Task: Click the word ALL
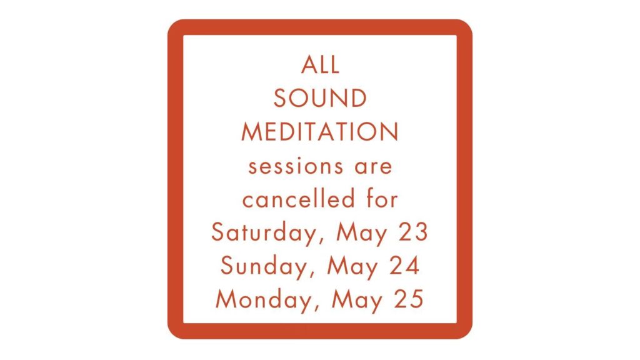321,65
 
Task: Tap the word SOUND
321,98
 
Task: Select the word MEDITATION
320,132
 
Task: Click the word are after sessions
374,166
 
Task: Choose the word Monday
264,300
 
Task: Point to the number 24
404,266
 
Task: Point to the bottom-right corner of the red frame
472,338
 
